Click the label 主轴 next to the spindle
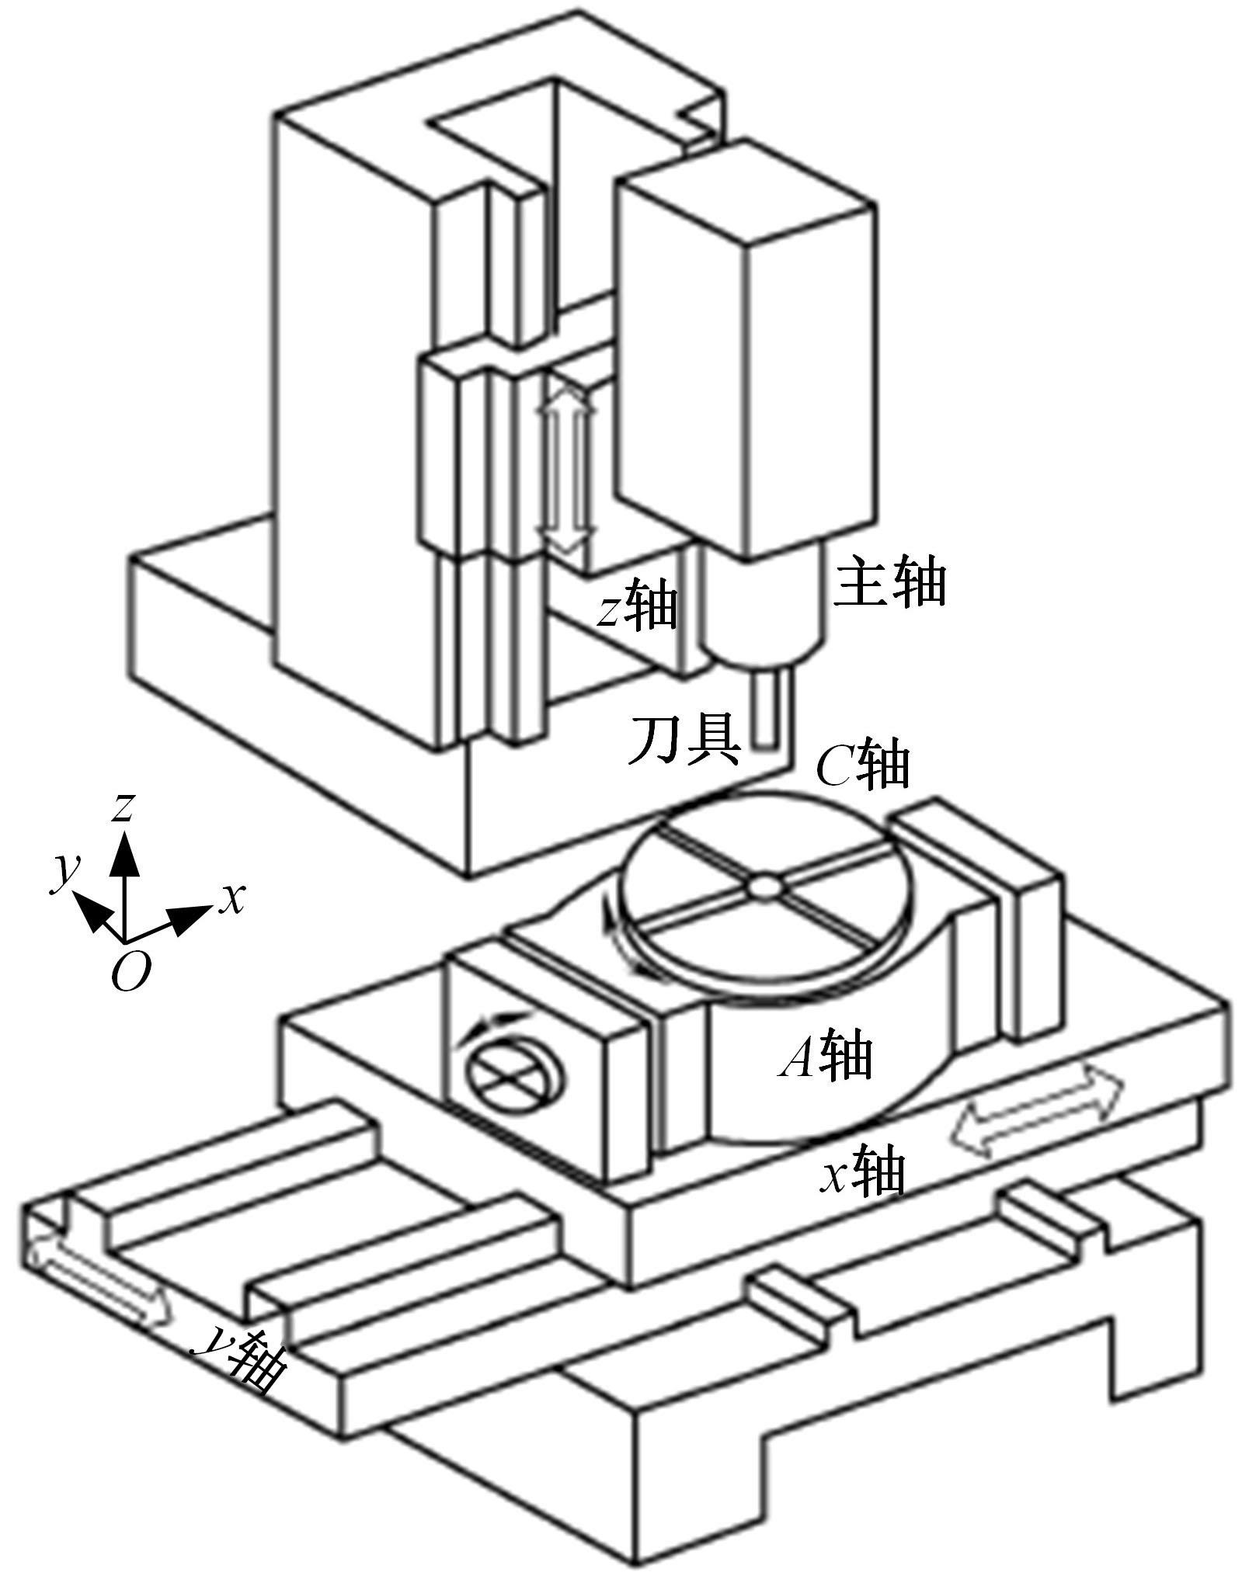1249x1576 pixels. [890, 581]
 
